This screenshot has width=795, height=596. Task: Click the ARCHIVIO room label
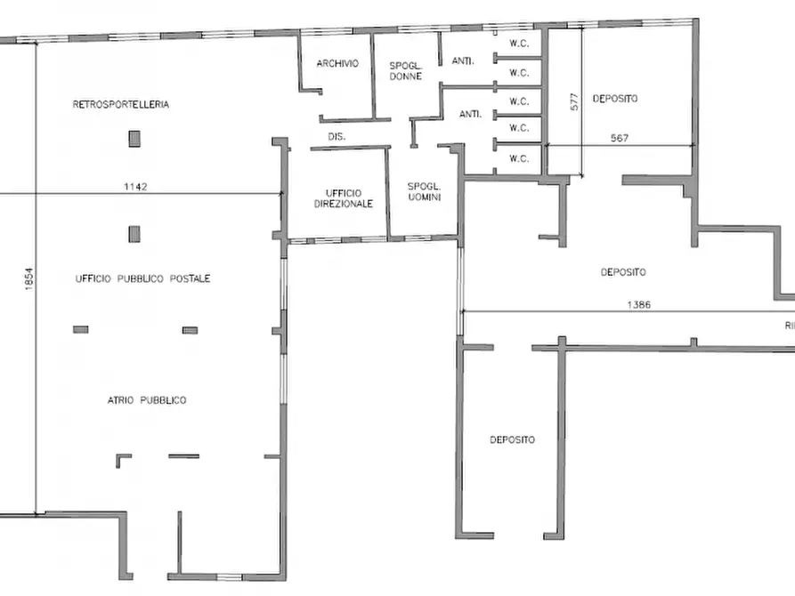337,63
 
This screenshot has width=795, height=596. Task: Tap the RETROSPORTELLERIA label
121,104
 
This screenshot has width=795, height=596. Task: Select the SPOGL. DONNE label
406,71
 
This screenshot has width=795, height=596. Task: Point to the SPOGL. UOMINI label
425,191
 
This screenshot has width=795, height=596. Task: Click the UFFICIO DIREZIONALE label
344,198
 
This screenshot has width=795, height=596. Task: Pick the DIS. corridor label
337,136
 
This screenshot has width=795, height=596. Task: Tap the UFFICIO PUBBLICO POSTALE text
142,278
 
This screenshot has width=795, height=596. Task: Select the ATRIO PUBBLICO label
147,400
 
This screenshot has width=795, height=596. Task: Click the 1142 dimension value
135,187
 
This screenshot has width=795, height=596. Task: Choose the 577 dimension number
574,102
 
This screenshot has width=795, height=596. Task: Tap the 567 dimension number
620,138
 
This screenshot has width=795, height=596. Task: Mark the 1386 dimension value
639,304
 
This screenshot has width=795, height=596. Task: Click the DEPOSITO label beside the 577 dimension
615,99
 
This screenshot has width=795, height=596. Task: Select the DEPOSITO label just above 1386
623,272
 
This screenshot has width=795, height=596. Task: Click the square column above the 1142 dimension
134,139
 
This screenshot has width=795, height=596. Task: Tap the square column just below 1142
134,234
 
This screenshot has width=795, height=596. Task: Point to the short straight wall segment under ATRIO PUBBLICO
183,456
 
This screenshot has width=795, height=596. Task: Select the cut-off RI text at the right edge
790,326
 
